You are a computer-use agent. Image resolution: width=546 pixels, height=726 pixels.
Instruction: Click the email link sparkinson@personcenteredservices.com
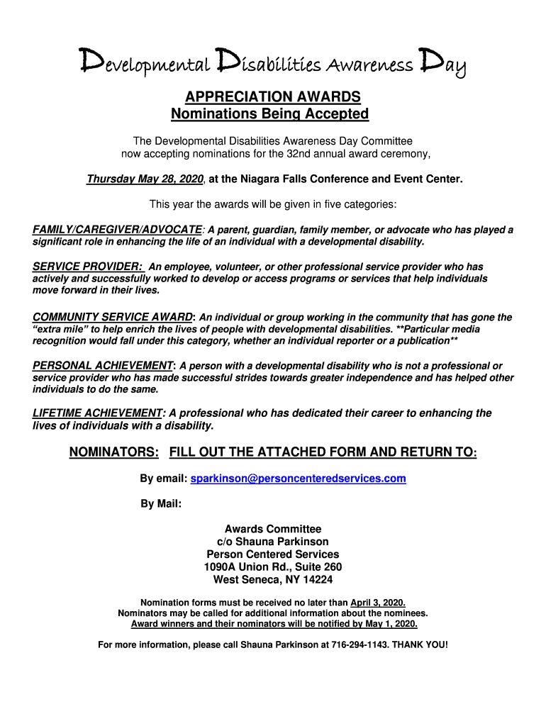(299, 479)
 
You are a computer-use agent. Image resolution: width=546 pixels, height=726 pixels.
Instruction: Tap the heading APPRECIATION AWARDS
(273, 96)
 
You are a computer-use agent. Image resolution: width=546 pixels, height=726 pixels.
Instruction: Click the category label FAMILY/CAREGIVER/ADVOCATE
(117, 230)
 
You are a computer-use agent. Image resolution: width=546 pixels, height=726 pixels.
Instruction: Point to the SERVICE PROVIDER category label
(88, 267)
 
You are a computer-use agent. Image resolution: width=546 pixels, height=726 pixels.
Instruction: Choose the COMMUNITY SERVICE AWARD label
(113, 317)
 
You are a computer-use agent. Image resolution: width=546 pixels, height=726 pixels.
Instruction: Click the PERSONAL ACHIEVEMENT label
(103, 366)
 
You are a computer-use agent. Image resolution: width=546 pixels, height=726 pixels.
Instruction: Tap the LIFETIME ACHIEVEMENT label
(98, 413)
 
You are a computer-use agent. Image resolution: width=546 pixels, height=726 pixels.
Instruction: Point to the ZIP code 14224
(318, 580)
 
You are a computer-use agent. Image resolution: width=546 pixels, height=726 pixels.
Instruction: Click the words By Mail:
(161, 504)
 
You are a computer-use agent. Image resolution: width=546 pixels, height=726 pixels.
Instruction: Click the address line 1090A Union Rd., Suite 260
(273, 567)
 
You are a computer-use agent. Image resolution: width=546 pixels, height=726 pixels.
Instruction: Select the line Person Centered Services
(273, 554)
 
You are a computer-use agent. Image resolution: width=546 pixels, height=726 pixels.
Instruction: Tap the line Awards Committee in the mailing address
(273, 529)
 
